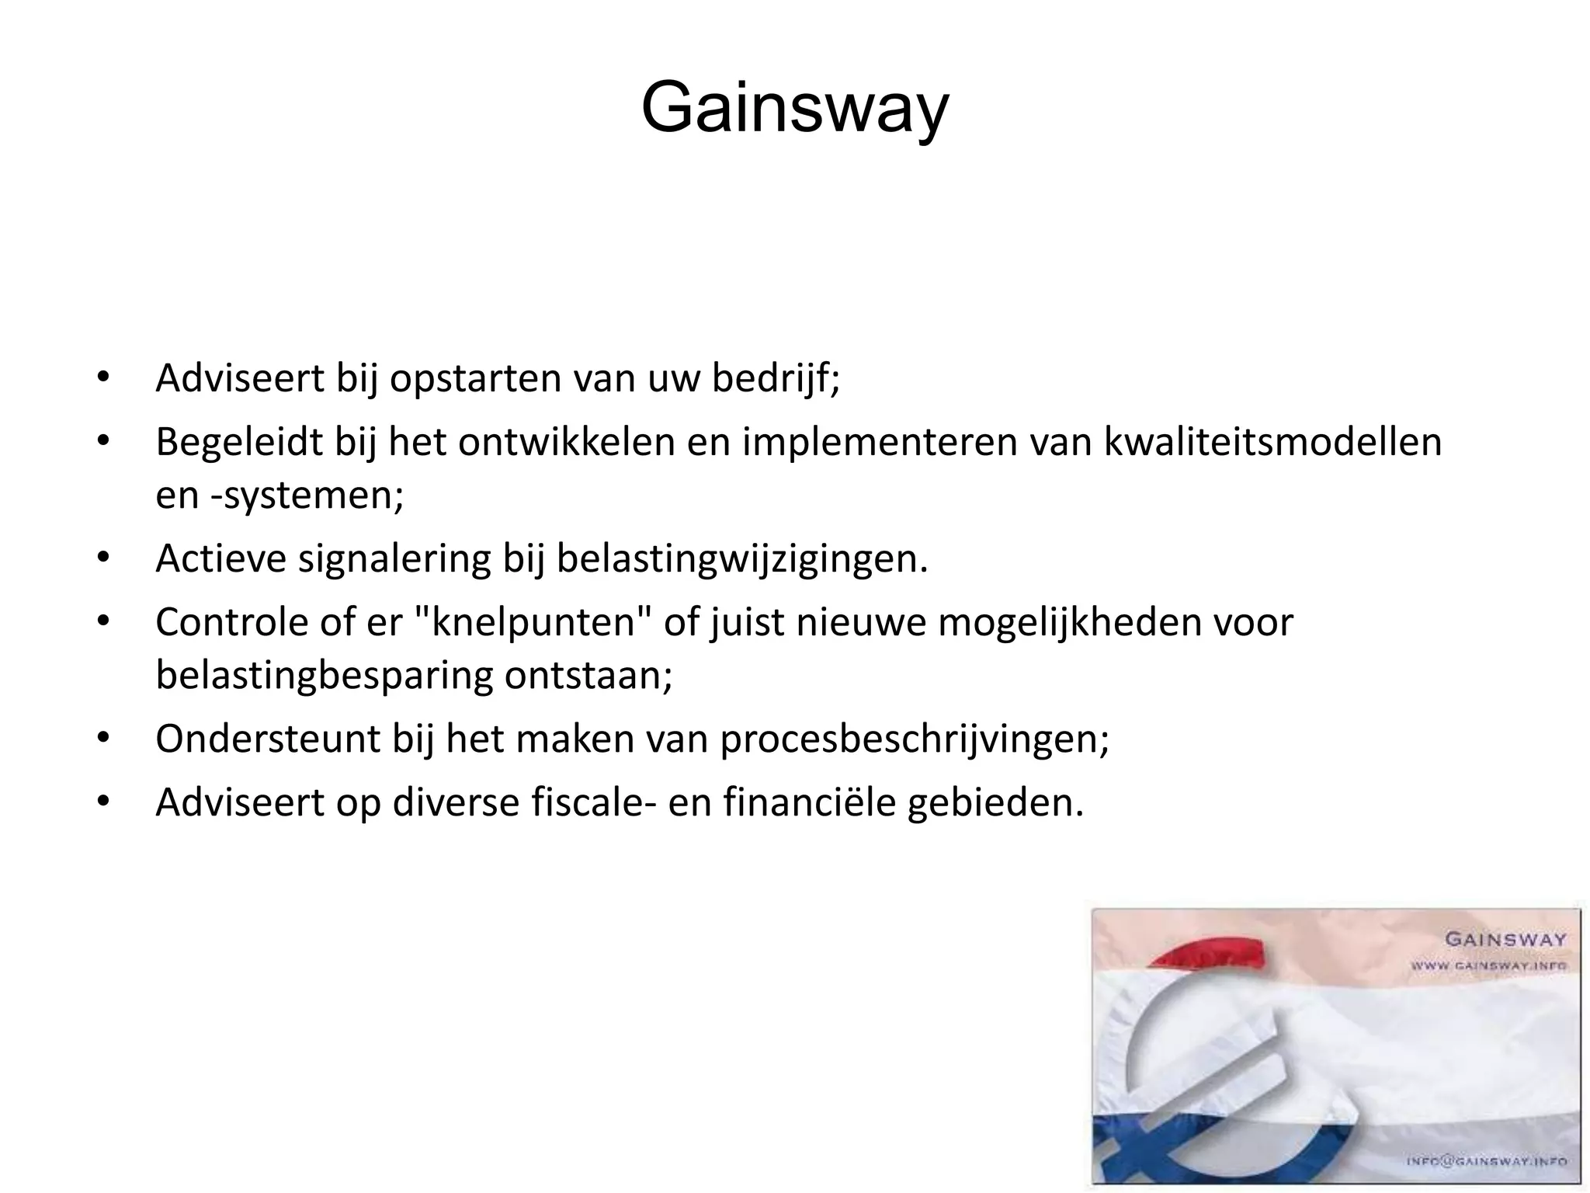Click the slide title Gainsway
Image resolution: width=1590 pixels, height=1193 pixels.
[x=794, y=109]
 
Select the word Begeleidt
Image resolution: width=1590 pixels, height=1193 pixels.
[x=239, y=442]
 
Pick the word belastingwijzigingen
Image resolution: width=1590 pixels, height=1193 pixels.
[x=741, y=558]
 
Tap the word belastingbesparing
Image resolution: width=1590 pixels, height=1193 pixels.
[x=324, y=675]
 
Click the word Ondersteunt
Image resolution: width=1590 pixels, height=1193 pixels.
[x=268, y=738]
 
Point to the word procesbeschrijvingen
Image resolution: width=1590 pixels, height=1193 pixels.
[x=914, y=738]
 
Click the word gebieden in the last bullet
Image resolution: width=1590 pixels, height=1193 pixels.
[x=995, y=802]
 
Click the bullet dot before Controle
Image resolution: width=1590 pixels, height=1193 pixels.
[x=102, y=621]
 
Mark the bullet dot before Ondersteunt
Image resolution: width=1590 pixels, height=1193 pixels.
[x=102, y=738]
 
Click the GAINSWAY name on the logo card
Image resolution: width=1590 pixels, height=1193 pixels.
[x=1505, y=940]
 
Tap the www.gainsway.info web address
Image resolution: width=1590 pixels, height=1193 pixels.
[x=1488, y=965]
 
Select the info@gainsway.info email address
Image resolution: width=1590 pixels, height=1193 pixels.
[x=1487, y=1162]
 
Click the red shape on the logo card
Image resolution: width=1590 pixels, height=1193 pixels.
[x=1211, y=953]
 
